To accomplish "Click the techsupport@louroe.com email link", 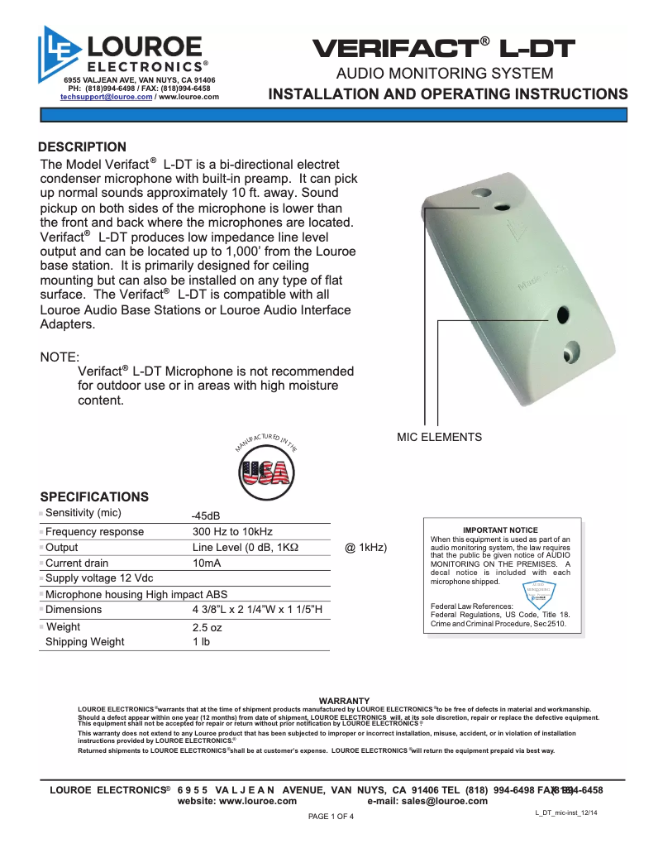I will pos(107,97).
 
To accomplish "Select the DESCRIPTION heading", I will pos(83,147).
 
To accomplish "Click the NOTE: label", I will pos(60,357).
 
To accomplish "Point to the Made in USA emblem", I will pos(265,467).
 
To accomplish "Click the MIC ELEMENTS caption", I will pos(439,437).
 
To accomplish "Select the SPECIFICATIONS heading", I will pos(94,496).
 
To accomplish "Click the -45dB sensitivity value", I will pos(206,515).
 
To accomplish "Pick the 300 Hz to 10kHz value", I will pos(232,532).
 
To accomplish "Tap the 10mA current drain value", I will pos(206,563).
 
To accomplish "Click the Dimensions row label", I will pos(74,610).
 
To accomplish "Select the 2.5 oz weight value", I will pos(207,627).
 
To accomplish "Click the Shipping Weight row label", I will pos(84,642).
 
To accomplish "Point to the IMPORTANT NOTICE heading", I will pos(500,530).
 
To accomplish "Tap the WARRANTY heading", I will pos(344,701).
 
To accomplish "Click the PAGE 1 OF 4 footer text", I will pos(331,817).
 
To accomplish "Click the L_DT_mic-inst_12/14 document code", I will pos(566,814).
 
